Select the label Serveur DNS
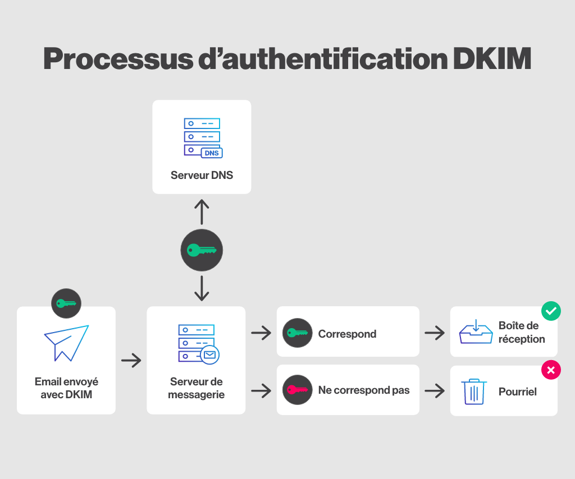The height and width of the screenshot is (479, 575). [202, 175]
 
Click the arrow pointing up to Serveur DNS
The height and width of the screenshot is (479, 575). [202, 212]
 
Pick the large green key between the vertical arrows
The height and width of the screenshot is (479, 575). [202, 250]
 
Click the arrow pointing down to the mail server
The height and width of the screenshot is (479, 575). [202, 288]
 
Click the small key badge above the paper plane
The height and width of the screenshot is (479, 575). [66, 303]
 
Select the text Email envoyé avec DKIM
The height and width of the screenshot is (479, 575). [66, 388]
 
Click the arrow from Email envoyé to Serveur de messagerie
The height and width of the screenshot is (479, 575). [131, 360]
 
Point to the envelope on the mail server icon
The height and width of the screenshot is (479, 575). [210, 354]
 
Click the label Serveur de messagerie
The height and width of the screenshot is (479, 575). [197, 388]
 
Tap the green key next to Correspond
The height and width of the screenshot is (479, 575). [297, 333]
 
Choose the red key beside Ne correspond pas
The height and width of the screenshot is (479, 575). [297, 390]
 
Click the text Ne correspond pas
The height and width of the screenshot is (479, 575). [364, 390]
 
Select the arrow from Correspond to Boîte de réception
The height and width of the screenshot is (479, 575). [435, 333]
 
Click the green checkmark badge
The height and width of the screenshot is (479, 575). [551, 310]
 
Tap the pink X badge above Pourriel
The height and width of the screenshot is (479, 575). [551, 370]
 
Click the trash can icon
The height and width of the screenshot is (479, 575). [473, 392]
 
